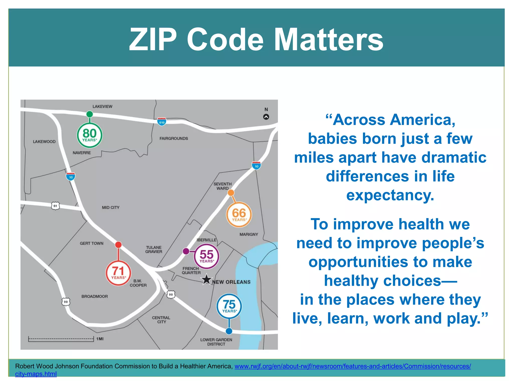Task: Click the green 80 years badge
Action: click(89, 135)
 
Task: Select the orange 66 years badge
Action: click(239, 215)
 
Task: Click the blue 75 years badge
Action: click(229, 306)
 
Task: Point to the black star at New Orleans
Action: click(206, 279)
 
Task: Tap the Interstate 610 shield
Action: click(162, 122)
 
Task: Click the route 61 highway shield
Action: click(55, 206)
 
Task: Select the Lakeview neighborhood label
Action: click(102, 107)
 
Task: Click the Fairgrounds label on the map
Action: click(174, 138)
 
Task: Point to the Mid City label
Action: click(110, 208)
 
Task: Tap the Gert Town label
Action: click(91, 243)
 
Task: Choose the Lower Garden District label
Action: click(216, 342)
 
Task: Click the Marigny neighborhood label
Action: click(248, 234)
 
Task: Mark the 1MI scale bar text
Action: click(100, 339)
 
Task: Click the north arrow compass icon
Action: click(266, 117)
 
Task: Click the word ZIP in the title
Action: click(153, 40)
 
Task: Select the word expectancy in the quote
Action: click(390, 195)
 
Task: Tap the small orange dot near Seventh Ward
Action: click(231, 192)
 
